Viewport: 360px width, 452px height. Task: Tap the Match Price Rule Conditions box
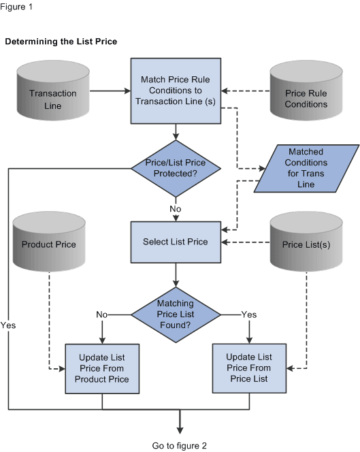click(176, 91)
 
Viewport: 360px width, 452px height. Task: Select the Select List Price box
click(176, 242)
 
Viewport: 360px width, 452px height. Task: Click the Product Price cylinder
click(52, 242)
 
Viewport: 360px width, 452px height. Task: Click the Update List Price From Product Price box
click(102, 368)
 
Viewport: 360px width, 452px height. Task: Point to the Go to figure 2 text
click(180, 445)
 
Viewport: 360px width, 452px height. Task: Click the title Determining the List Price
click(61, 42)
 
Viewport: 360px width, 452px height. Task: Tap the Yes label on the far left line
click(9, 325)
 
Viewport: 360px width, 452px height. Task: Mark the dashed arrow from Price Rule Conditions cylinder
click(247, 91)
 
